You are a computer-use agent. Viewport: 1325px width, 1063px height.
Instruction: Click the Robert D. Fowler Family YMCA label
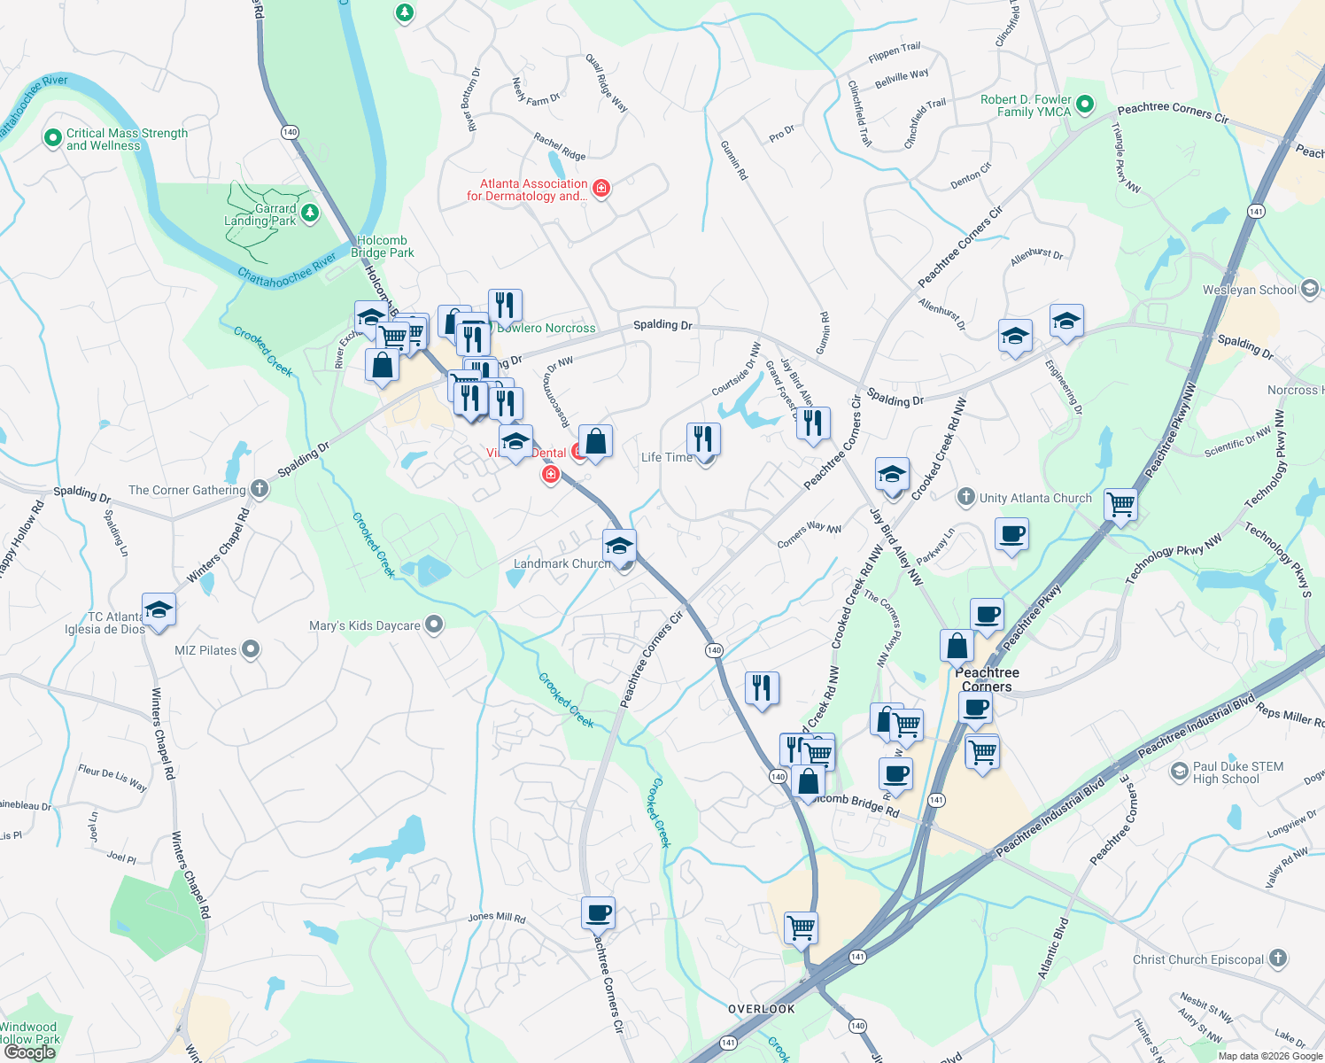(x=1026, y=105)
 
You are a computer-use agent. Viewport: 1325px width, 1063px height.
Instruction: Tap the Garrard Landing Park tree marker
(x=310, y=213)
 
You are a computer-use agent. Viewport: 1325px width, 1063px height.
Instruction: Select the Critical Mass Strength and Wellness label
(x=127, y=139)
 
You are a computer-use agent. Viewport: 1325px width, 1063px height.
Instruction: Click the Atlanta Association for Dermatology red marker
(x=601, y=188)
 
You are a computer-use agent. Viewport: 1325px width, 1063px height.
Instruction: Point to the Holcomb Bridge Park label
(x=383, y=246)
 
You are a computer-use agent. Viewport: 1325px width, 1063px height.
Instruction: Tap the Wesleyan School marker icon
(x=1309, y=290)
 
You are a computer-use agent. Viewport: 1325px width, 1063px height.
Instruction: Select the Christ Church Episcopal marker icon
(x=1277, y=958)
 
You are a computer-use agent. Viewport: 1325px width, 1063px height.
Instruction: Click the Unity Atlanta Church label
(x=1035, y=498)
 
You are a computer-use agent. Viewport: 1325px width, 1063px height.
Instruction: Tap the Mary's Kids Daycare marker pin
(x=434, y=625)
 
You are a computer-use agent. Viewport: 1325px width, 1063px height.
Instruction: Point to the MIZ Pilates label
(x=205, y=650)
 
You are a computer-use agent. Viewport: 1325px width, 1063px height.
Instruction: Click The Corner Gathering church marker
(x=259, y=488)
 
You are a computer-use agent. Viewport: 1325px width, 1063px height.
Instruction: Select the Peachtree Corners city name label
(x=987, y=679)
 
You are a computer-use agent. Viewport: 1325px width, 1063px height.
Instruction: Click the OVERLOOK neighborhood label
(x=762, y=1009)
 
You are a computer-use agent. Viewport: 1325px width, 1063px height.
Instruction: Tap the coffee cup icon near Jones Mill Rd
(x=598, y=912)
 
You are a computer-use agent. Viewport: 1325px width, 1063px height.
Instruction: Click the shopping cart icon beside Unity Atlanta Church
(x=1120, y=505)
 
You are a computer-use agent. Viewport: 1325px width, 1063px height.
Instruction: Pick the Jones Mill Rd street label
(x=497, y=917)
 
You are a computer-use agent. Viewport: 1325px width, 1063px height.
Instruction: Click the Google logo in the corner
(x=29, y=1052)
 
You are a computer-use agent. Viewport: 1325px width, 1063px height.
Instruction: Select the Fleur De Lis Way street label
(x=112, y=777)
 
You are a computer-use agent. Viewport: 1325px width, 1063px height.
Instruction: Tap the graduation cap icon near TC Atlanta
(x=159, y=609)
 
